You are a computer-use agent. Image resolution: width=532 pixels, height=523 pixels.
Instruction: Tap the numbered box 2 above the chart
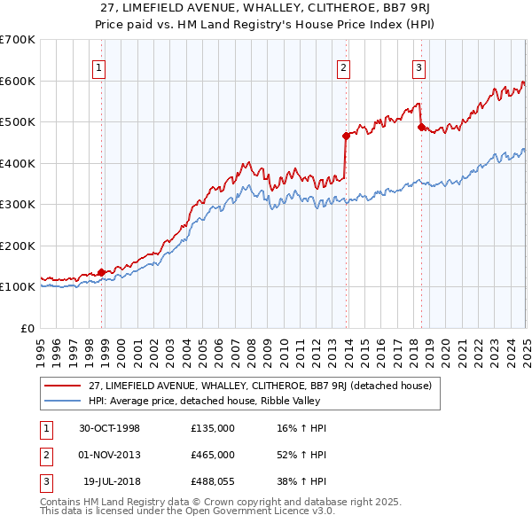click(x=343, y=66)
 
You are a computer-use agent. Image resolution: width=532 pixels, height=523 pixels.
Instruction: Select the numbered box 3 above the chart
click(x=419, y=66)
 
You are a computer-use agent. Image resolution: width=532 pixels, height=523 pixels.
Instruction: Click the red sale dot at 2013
click(x=346, y=136)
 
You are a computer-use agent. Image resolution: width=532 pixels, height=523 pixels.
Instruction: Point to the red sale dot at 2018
click(x=421, y=127)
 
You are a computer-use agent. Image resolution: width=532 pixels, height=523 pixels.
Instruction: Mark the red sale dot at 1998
click(x=102, y=272)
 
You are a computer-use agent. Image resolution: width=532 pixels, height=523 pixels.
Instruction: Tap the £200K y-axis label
click(x=18, y=246)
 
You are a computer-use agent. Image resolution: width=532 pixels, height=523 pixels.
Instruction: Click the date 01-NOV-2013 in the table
click(x=110, y=455)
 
